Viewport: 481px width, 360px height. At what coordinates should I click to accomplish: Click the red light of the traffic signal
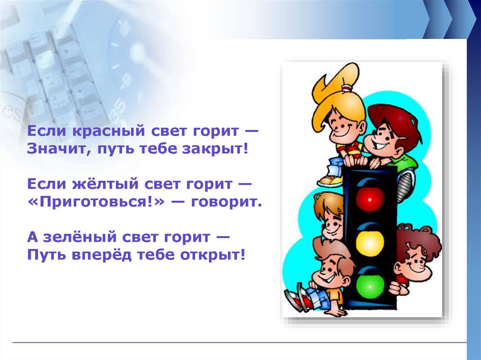(x=370, y=199)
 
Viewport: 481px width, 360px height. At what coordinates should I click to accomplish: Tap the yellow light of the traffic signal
(x=370, y=242)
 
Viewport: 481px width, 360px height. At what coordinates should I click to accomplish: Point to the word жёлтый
(x=106, y=184)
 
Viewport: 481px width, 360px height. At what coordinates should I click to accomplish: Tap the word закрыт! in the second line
(x=215, y=149)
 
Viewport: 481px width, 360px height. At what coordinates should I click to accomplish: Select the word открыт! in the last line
(x=213, y=255)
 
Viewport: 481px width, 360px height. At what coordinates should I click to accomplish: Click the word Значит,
(x=60, y=149)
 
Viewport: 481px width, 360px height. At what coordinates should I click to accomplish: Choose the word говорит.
(x=226, y=202)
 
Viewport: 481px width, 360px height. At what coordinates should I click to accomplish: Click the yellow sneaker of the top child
(x=330, y=181)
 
